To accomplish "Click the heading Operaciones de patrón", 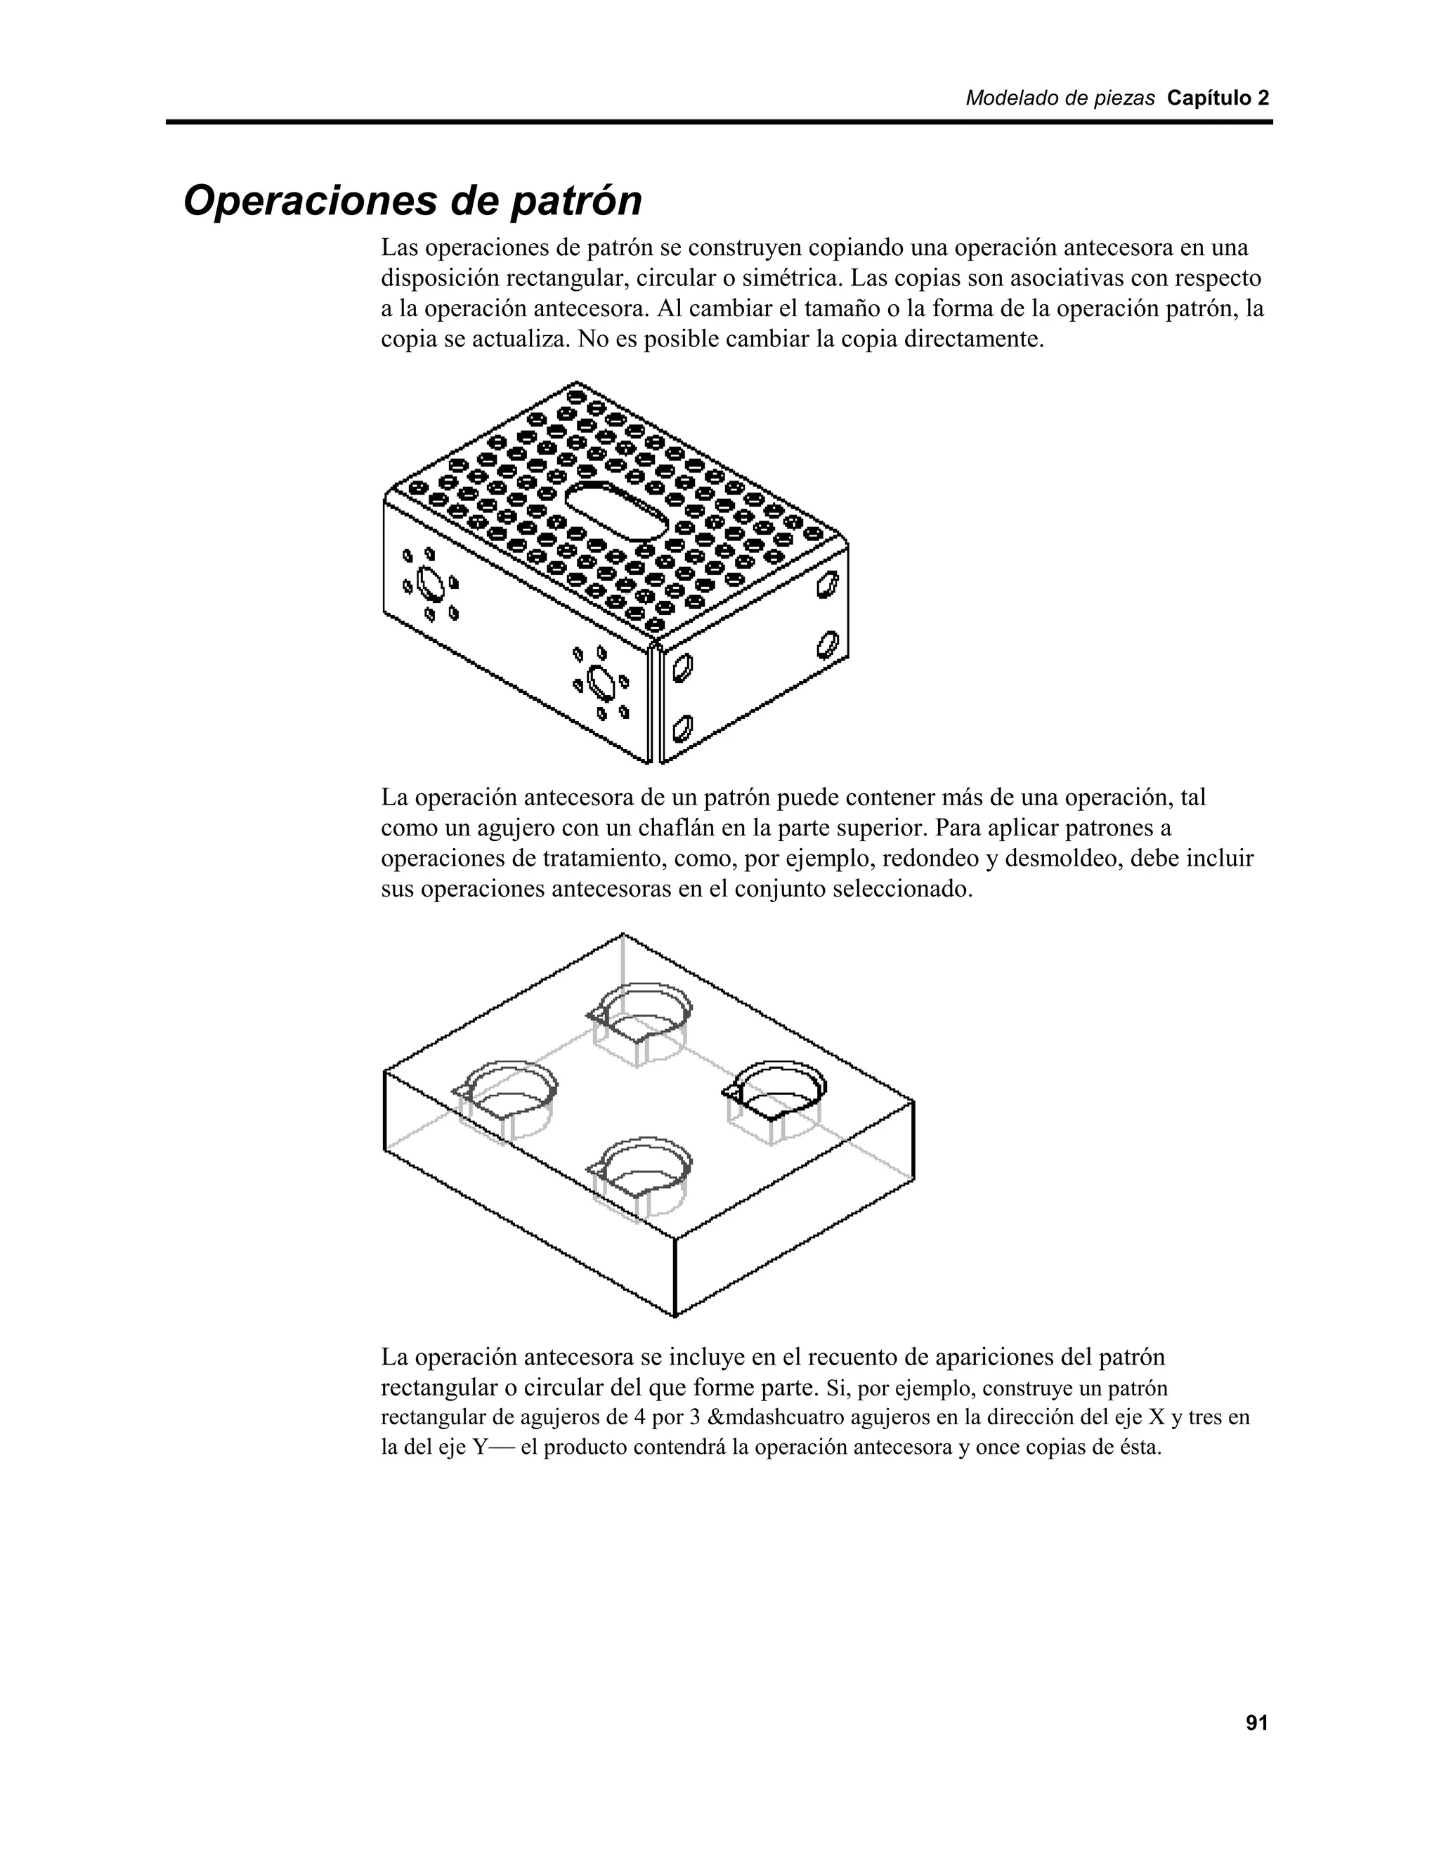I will (412, 201).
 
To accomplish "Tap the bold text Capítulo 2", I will (1218, 98).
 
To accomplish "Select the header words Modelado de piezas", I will (1060, 98).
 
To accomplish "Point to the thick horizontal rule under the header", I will (719, 123).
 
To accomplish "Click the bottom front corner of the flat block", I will (675, 1315).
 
